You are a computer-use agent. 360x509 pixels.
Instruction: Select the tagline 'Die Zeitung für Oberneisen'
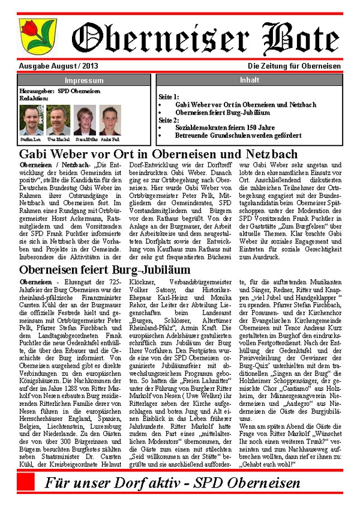click(x=294, y=66)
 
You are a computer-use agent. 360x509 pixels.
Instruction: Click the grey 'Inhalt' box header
click(x=249, y=80)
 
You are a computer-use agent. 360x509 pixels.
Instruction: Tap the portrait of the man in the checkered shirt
click(x=31, y=121)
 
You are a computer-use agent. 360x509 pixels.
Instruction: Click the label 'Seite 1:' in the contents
click(x=169, y=96)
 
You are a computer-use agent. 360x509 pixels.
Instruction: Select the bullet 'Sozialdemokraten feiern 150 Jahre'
click(x=225, y=128)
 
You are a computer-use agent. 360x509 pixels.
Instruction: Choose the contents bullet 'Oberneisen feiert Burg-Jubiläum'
click(x=223, y=112)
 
